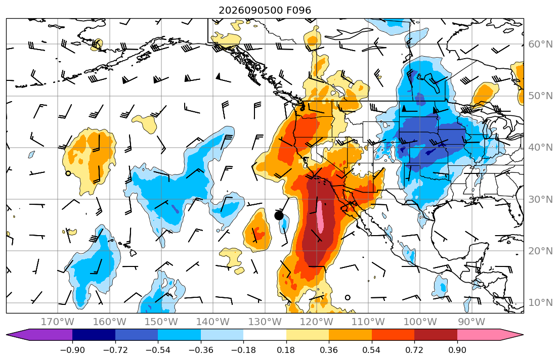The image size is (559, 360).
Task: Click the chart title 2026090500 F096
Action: [x=265, y=10]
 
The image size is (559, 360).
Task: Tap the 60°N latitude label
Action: [x=540, y=44]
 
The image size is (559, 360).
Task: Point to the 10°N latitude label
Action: [x=540, y=303]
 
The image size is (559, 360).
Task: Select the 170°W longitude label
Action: [x=58, y=322]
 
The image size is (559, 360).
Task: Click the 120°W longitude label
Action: [x=317, y=322]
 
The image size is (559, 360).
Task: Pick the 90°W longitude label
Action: [x=471, y=322]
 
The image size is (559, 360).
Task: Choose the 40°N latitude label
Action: [x=540, y=148]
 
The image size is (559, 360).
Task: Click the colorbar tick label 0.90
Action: [x=457, y=350]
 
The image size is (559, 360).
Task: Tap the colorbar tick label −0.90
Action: [x=72, y=350]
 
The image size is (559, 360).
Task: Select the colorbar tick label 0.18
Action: [x=286, y=350]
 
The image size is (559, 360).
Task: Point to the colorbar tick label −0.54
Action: [x=158, y=350]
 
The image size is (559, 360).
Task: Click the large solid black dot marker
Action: [x=279, y=215]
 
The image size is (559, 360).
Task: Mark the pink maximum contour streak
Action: [x=320, y=217]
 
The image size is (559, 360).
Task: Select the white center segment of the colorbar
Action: [x=265, y=335]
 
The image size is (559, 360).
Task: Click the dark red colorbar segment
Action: [x=436, y=335]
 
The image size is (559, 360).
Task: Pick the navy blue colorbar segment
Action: [x=94, y=335]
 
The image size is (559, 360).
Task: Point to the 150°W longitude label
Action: [x=161, y=322]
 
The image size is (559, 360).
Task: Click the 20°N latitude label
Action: [x=540, y=251]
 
